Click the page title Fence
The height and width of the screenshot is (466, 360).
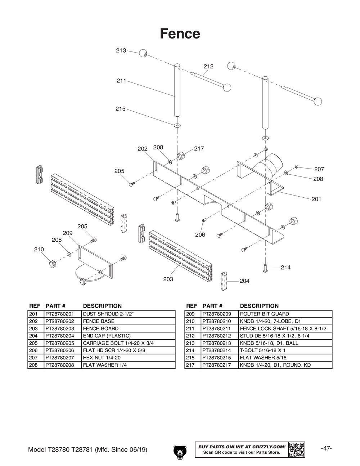point(180,33)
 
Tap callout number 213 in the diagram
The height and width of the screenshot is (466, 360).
point(121,50)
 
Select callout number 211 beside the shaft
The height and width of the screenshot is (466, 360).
point(121,81)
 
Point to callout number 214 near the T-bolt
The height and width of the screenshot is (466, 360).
point(285,267)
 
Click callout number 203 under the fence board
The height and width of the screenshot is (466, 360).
point(168,279)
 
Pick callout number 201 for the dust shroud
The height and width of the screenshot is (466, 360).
point(316,199)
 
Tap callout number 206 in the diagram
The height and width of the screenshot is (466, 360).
point(200,235)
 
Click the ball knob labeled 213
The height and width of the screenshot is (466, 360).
point(143,53)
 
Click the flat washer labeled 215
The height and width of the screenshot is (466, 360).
point(177,125)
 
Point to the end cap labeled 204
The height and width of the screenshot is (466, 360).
point(224,281)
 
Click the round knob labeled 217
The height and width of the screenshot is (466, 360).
point(181,156)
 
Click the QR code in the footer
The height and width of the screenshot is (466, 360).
point(297,449)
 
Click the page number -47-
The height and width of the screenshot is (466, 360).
point(326,448)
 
